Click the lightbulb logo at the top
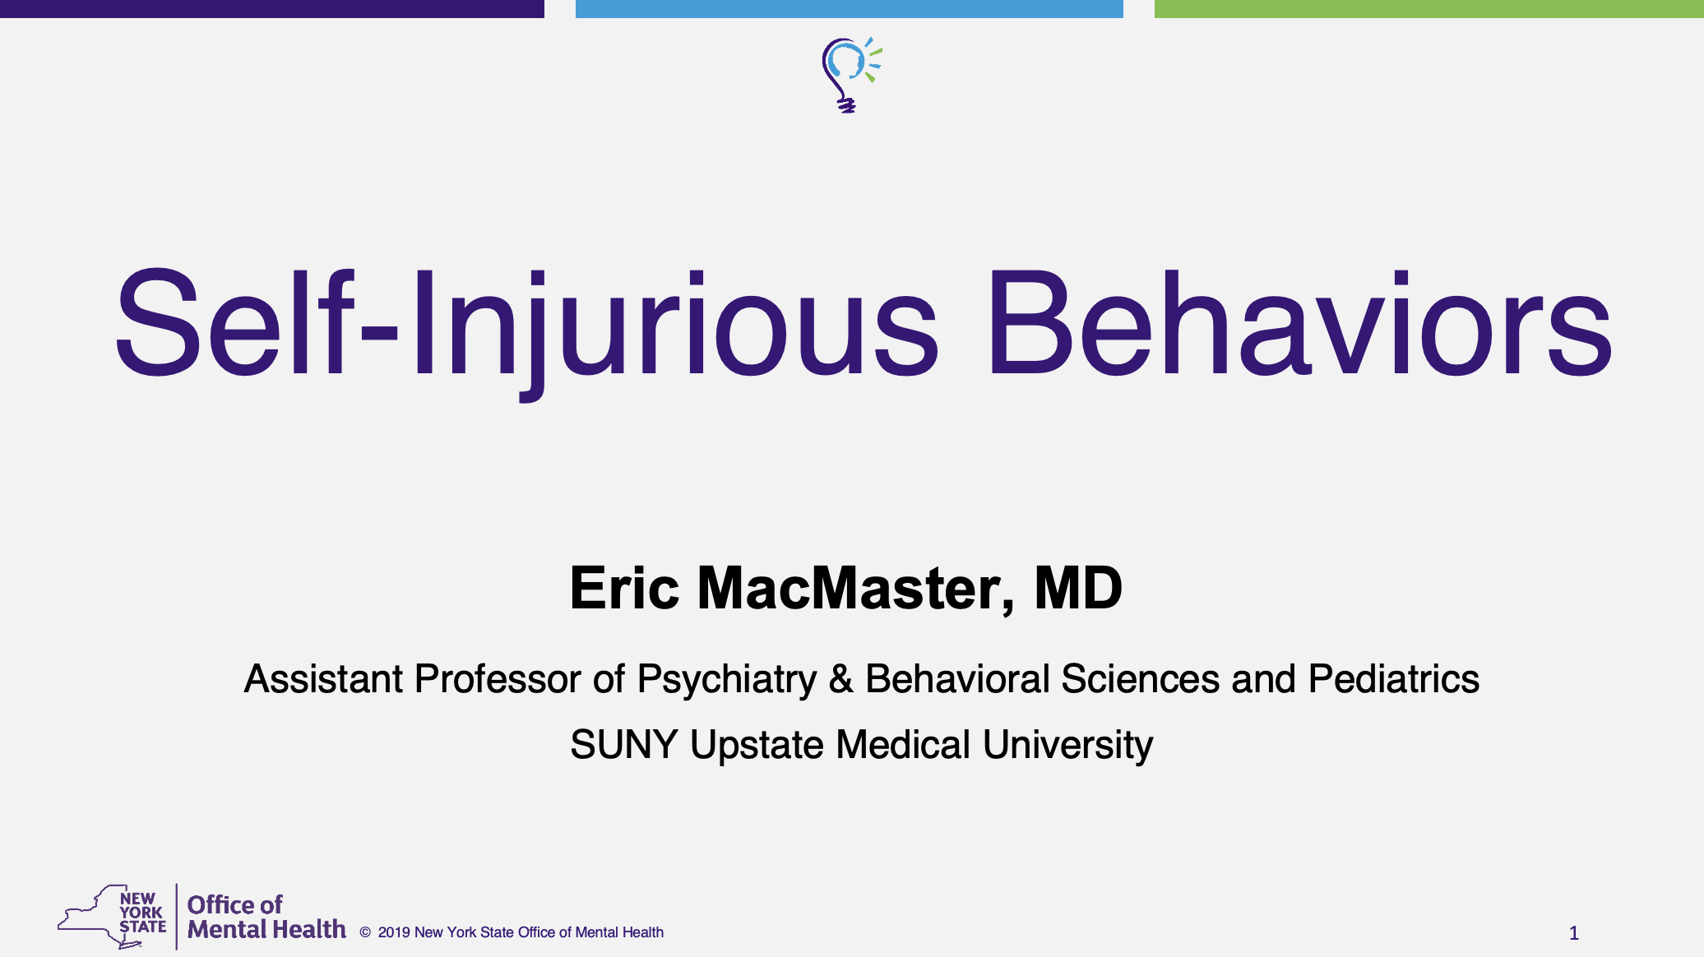850,75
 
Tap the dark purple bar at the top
272,9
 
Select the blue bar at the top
850,9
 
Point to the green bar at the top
1429,9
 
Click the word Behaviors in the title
1299,322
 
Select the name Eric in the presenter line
625,588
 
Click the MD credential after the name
1078,588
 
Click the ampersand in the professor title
841,679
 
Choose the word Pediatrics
1394,679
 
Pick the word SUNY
624,745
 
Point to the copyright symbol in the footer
365,932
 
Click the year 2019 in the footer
394,932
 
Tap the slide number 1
1574,933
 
